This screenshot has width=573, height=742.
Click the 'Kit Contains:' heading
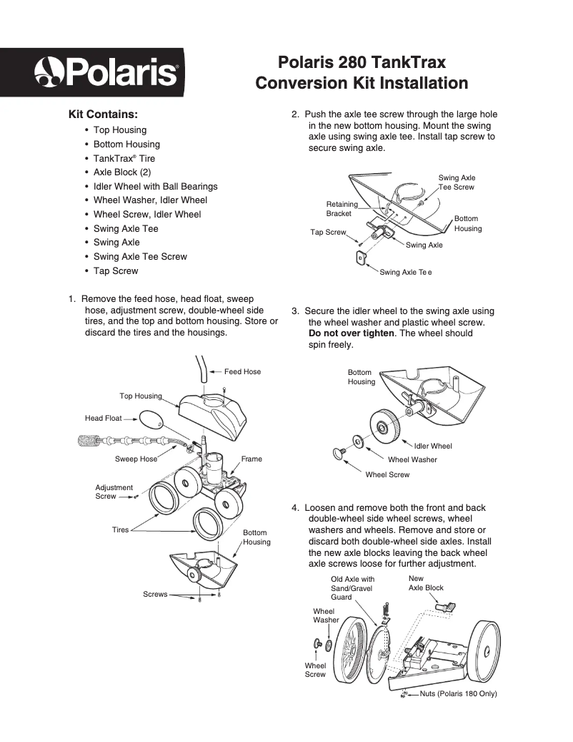(x=103, y=114)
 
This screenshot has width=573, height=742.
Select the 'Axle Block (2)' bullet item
(x=122, y=172)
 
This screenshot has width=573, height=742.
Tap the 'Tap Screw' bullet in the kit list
(x=116, y=271)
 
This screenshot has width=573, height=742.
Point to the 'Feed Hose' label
(x=242, y=372)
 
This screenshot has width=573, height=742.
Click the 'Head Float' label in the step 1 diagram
(x=104, y=419)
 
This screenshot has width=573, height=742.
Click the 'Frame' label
(x=251, y=459)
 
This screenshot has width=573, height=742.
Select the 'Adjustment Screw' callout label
(x=114, y=492)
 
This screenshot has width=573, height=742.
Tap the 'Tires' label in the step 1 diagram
(x=120, y=529)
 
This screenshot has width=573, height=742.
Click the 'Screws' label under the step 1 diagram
(x=155, y=594)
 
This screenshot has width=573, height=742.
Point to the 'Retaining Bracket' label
(x=342, y=209)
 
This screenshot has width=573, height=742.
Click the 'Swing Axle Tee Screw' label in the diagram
(x=457, y=182)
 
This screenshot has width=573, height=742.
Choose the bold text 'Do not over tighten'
(x=351, y=333)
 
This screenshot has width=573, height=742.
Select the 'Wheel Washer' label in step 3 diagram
(x=412, y=459)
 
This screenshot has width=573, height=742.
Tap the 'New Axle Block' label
(x=426, y=583)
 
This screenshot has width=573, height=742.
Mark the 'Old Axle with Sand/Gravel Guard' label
(x=352, y=588)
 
